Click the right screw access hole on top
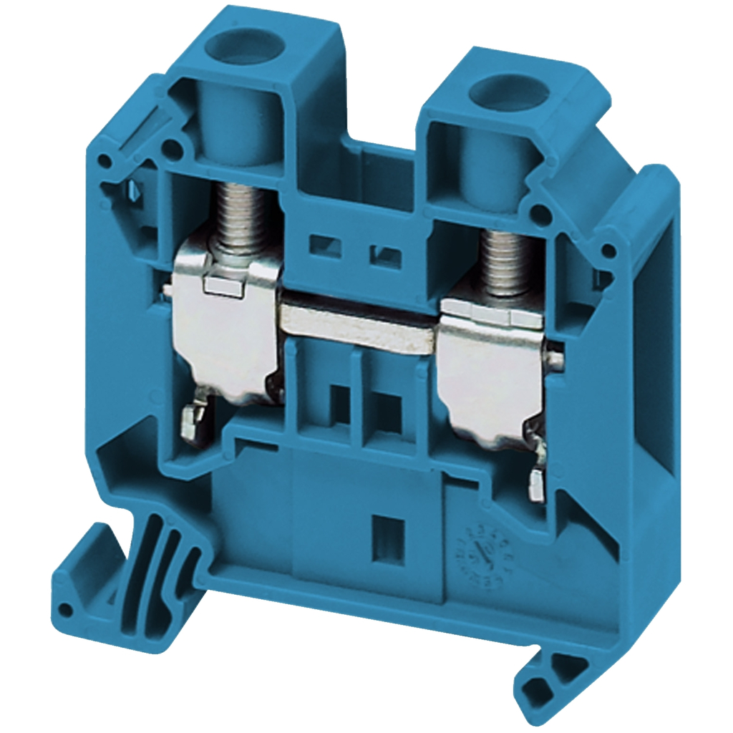(x=500, y=92)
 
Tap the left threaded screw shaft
(x=239, y=215)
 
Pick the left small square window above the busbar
(x=319, y=246)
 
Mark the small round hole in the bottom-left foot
(x=67, y=609)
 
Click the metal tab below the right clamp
(x=536, y=487)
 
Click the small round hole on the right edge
(x=608, y=250)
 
